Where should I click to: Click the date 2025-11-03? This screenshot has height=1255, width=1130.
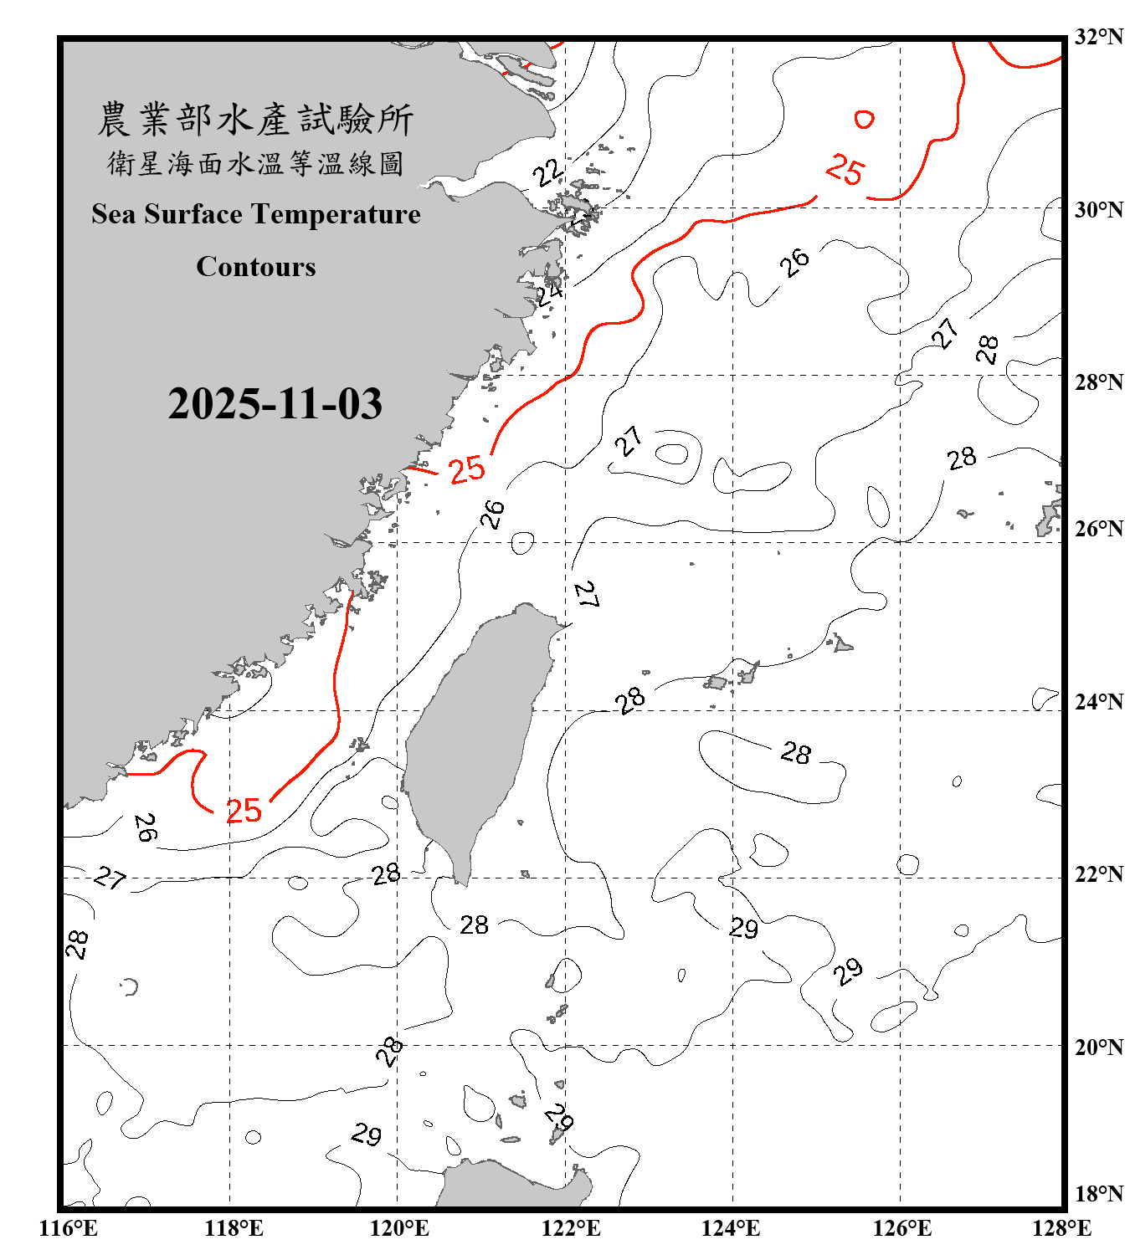(275, 404)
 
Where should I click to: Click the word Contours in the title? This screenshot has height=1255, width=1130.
(256, 267)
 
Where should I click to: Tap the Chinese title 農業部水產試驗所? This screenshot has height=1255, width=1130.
(255, 119)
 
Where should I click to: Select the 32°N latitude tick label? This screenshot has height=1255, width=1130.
(1099, 37)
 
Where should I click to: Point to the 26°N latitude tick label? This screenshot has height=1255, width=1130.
(1099, 529)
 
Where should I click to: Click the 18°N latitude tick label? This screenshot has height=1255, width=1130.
(1099, 1194)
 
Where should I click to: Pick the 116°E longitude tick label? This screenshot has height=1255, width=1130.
(69, 1228)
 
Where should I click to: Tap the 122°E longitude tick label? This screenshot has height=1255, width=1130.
(571, 1228)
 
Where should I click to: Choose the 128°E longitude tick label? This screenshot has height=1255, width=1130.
(1061, 1228)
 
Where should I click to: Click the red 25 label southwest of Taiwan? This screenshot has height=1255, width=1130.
(244, 811)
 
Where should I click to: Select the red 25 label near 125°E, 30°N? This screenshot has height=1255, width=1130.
(844, 170)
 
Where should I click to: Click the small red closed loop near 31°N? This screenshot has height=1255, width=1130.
(864, 120)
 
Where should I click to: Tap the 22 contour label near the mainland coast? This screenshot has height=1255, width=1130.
(548, 172)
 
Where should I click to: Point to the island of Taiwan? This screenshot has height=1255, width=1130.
(477, 736)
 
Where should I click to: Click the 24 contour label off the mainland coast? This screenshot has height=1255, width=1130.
(549, 293)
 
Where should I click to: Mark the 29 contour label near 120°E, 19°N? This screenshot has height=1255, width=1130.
(366, 1135)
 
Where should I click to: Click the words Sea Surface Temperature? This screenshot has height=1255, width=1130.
(256, 214)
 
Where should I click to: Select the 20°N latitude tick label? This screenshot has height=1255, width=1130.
(1099, 1047)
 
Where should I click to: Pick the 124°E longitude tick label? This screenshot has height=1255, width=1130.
(731, 1228)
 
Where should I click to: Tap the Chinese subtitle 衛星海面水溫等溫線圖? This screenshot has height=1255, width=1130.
(255, 163)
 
